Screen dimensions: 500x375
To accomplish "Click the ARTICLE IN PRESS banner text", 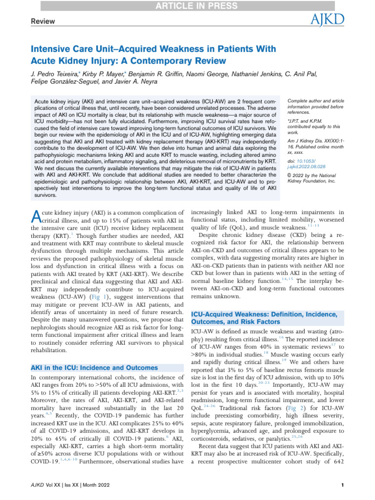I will tap(187, 6).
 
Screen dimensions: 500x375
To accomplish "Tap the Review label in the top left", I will tap(43, 21).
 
